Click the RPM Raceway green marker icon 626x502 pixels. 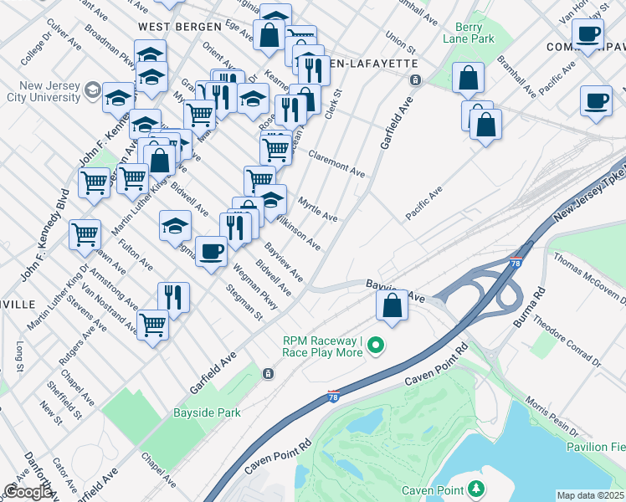[377, 344]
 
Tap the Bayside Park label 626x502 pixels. [207, 412]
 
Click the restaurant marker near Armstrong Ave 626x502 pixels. [173, 298]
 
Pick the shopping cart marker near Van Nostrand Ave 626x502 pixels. [152, 324]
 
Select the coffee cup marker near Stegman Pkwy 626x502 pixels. [212, 251]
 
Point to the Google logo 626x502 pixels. [28, 492]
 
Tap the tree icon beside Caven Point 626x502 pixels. [476, 489]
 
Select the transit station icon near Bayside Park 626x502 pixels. [268, 373]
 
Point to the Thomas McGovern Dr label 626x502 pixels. [589, 277]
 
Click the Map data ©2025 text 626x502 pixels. [590, 495]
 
